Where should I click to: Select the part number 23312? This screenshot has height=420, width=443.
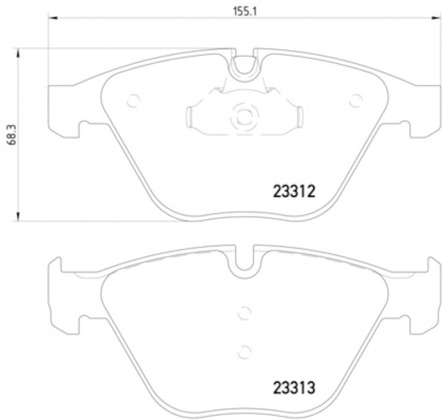(x=294, y=192)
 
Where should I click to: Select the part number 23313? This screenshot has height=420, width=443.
(x=294, y=387)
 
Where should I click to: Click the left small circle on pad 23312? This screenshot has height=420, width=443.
(x=133, y=101)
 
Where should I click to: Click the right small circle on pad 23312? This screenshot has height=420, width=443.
(x=355, y=100)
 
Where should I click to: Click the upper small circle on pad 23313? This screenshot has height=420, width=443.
(x=243, y=314)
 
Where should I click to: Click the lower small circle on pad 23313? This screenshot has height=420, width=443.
(x=243, y=351)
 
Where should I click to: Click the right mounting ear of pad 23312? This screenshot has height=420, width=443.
(x=424, y=111)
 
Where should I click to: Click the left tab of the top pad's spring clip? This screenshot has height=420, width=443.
(x=188, y=117)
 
